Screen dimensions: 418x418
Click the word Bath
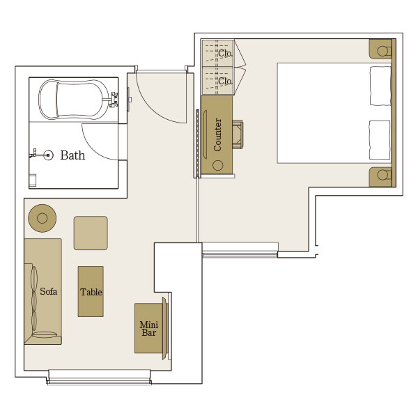click(72, 155)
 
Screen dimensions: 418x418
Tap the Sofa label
click(49, 291)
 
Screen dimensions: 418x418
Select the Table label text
click(91, 292)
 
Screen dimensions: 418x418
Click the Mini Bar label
click(149, 328)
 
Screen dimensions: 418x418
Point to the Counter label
click(217, 134)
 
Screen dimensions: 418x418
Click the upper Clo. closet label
click(225, 54)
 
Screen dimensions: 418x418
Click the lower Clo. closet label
click(225, 81)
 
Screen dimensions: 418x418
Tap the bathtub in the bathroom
click(74, 100)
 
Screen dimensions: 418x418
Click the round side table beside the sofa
click(42, 218)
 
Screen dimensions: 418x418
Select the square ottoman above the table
click(91, 233)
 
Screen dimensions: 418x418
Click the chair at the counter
click(238, 134)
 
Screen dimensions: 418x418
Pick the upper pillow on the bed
click(380, 86)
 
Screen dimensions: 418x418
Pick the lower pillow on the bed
click(380, 140)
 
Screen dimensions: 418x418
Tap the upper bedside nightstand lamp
click(382, 51)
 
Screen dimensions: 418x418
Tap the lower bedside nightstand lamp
click(382, 175)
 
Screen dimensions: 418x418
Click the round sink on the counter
click(218, 166)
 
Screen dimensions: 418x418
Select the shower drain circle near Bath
click(48, 155)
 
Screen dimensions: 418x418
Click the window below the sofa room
click(99, 378)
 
